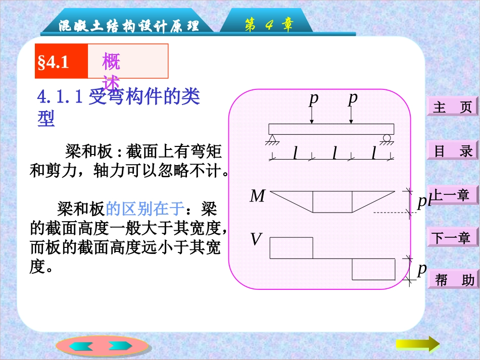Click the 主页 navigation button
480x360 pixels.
453,107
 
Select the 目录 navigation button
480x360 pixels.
453,151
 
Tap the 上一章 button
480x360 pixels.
453,195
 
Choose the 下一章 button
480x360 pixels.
453,237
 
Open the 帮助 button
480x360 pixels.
453,280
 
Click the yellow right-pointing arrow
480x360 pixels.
417,344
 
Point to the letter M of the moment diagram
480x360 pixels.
257,196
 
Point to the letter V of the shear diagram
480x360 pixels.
256,239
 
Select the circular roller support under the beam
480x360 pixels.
388,138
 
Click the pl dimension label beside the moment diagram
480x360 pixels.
423,201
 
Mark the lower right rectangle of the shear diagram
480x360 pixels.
373,269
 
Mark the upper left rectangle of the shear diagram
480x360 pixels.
292,247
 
